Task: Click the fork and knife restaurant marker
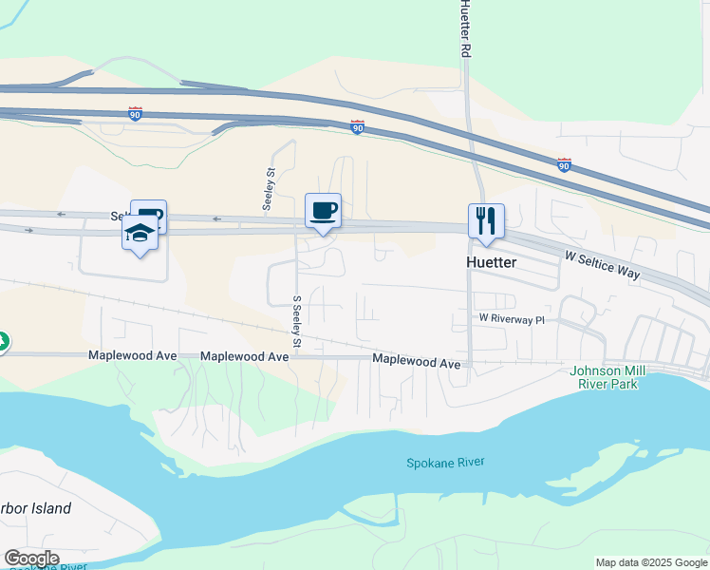(486, 221)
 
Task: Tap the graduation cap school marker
(140, 233)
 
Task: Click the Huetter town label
(491, 261)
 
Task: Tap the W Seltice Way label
(602, 265)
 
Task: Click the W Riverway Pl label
(512, 319)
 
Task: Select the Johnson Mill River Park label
(608, 377)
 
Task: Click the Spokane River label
(445, 463)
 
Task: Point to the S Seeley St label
(297, 321)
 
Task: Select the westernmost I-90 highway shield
(136, 113)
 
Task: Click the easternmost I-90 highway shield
(564, 164)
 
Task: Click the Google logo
(31, 559)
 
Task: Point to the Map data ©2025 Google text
(651, 562)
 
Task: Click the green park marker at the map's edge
(3, 341)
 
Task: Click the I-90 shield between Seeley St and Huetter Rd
(357, 126)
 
